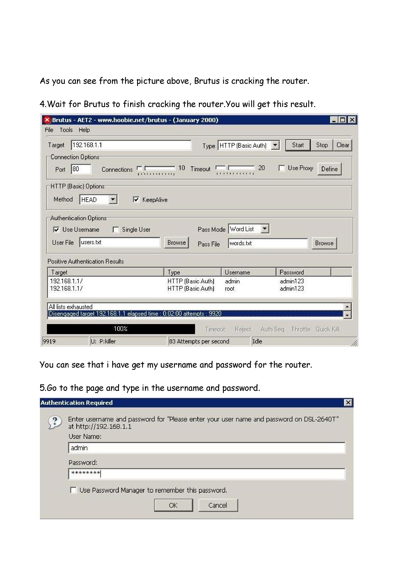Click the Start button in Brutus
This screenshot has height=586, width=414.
[298, 145]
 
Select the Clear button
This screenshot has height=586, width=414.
[342, 145]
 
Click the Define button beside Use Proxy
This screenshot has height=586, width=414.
[329, 169]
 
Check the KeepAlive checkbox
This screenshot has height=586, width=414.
[136, 200]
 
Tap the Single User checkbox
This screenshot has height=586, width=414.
[116, 230]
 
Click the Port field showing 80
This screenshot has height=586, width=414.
[81, 169]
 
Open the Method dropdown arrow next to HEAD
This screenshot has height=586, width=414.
[113, 199]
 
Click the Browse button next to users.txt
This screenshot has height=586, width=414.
[177, 242]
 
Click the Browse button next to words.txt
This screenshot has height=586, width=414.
[324, 243]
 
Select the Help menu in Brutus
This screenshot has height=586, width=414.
[84, 130]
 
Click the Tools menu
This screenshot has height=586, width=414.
[66, 130]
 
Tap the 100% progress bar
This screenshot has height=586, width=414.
[121, 329]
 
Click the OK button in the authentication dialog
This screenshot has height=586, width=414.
[174, 505]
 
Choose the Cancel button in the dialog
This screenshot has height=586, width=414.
[218, 505]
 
